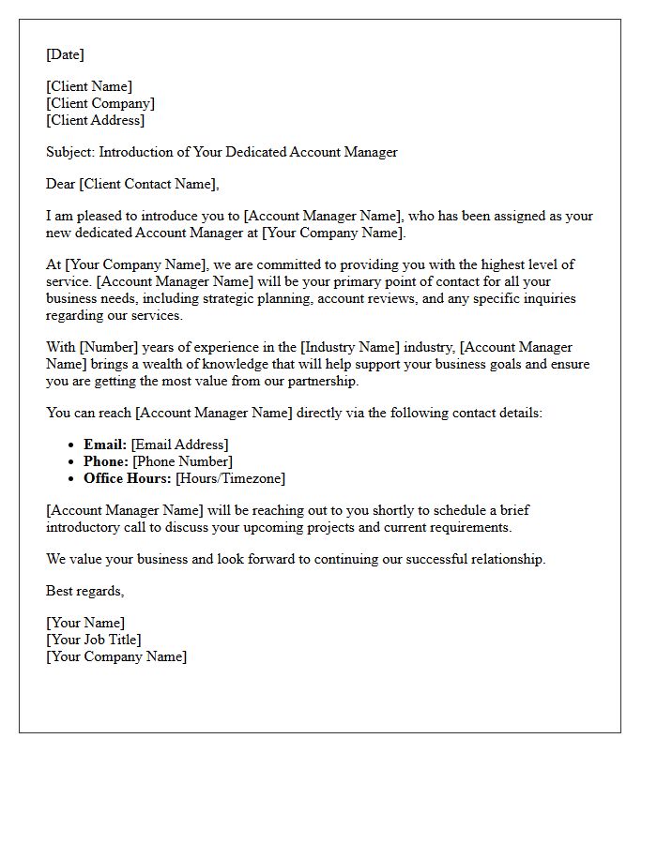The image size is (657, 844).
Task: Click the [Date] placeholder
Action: tap(65, 54)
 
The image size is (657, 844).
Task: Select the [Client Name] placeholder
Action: tap(89, 86)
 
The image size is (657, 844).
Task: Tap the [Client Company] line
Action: tap(100, 103)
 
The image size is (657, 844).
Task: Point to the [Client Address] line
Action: tap(96, 120)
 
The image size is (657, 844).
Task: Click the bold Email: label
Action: tap(105, 445)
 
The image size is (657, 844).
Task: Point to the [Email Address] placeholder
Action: tap(179, 445)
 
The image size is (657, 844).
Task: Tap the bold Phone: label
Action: tap(106, 461)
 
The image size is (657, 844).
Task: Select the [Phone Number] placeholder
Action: tap(182, 461)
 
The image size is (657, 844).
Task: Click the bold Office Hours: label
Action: tap(128, 478)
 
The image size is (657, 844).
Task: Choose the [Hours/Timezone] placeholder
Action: tap(230, 478)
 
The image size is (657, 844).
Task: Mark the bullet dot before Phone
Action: tap(71, 462)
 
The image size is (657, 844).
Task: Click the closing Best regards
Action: tap(84, 591)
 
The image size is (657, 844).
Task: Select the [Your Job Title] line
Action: tap(94, 640)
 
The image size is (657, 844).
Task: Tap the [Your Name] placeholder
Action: tap(85, 623)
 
